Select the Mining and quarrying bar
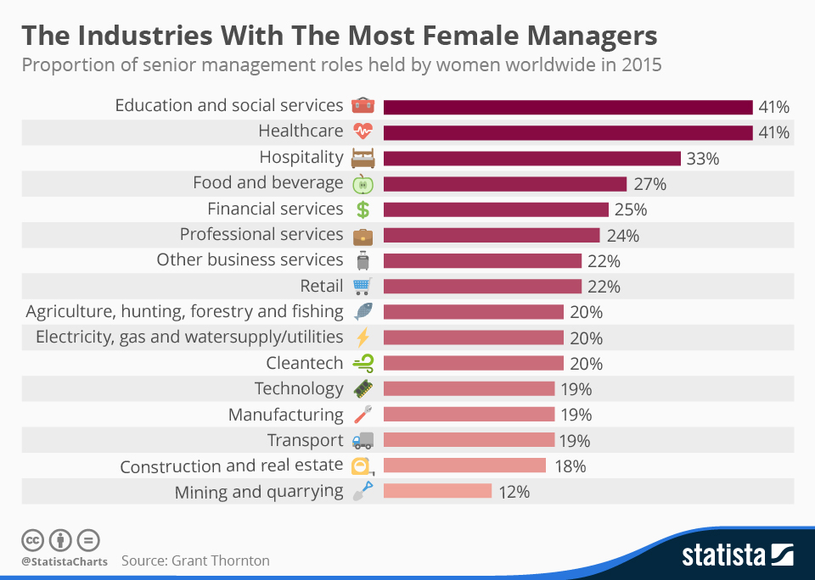point(437,491)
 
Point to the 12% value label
point(513,491)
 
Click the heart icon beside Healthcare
point(363,132)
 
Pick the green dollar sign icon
point(363,209)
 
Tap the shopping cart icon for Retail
point(363,286)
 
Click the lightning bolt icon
point(363,337)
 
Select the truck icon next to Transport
point(363,440)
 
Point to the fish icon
point(363,312)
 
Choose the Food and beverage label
point(267,183)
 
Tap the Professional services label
point(261,234)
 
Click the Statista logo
point(738,555)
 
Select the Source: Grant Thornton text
point(195,560)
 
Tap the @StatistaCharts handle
point(65,560)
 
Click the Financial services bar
point(496,209)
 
